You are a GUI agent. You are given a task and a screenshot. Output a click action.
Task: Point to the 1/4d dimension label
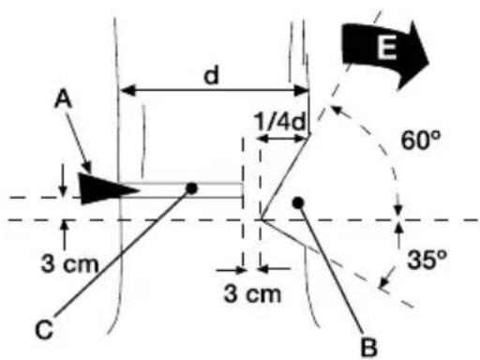click(x=279, y=121)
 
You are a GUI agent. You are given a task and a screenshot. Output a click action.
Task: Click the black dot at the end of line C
click(x=191, y=187)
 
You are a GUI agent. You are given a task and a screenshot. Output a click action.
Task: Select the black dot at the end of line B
click(x=298, y=202)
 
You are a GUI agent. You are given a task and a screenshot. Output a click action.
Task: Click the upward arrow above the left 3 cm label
click(x=64, y=229)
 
